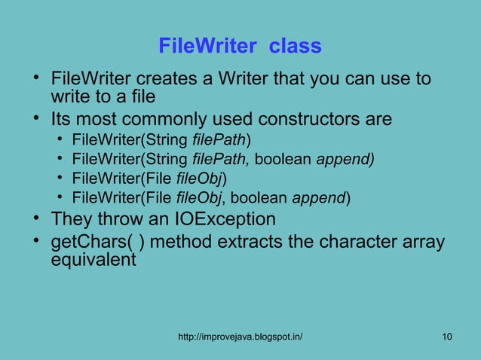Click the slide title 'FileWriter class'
pyautogui.click(x=240, y=47)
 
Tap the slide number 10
pyautogui.click(x=448, y=335)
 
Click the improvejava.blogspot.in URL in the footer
pyautogui.click(x=240, y=335)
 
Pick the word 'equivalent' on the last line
pyautogui.click(x=93, y=261)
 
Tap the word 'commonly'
pyautogui.click(x=182, y=120)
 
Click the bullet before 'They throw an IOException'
pyautogui.click(x=35, y=220)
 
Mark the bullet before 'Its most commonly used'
pyautogui.click(x=35, y=120)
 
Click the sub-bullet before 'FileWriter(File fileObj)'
pyautogui.click(x=60, y=179)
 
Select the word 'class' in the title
pyautogui.click(x=296, y=47)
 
